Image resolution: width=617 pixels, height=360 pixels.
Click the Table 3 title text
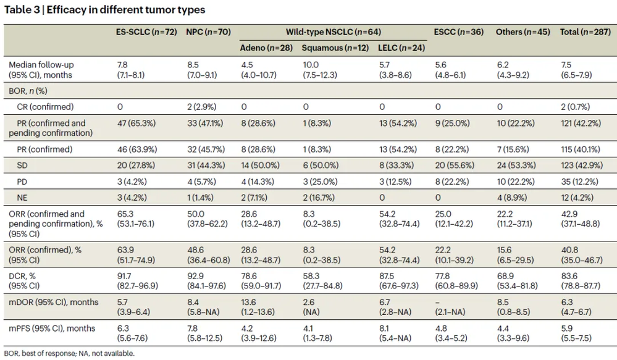point(104,10)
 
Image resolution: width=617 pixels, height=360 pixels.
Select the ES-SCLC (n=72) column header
point(146,32)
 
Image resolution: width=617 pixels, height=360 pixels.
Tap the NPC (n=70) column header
point(209,32)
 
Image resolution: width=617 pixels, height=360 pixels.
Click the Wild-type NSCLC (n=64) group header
point(334,32)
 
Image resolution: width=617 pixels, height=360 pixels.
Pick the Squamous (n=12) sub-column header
point(335,48)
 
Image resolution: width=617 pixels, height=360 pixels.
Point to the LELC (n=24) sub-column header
point(401,48)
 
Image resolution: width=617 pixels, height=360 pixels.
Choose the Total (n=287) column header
point(586,32)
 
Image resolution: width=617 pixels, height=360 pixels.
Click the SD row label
point(22,165)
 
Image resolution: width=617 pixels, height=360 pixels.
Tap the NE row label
point(22,198)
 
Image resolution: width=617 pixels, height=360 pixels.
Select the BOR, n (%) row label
point(28,91)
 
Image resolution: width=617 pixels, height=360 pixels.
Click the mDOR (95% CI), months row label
point(54,302)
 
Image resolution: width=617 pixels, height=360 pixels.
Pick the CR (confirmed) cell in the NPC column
point(201,107)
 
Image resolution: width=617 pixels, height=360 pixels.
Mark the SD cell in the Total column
point(582,165)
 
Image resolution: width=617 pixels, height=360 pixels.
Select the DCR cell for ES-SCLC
point(137,281)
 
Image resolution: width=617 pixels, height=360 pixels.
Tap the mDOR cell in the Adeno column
point(259,308)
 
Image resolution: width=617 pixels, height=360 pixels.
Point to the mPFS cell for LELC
point(395,333)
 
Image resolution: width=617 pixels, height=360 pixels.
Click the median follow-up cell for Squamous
point(320,70)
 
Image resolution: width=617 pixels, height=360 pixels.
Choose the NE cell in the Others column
point(512,198)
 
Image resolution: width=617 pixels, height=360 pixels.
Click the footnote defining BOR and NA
point(69,353)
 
